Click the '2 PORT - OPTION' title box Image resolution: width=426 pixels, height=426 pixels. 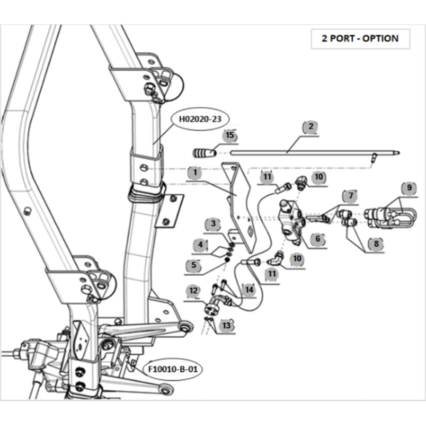[360, 39]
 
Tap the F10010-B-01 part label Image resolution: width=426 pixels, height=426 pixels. [173, 370]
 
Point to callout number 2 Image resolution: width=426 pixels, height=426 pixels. [311, 126]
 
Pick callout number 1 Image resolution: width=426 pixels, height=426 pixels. [194, 173]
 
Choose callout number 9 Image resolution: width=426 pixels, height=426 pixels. [409, 188]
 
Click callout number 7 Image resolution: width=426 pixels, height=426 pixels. [351, 196]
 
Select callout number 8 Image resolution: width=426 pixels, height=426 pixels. [376, 243]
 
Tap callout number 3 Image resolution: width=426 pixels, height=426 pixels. [213, 225]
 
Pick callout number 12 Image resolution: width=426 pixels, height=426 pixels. [194, 291]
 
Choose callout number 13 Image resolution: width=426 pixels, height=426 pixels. [227, 325]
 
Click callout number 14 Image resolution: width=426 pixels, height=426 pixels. [250, 290]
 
